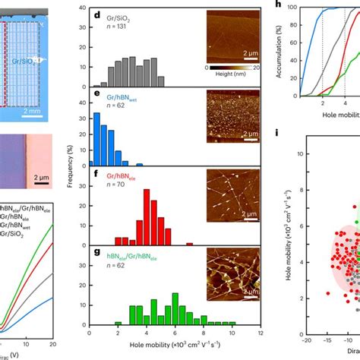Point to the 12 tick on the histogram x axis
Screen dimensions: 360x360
tap(261, 333)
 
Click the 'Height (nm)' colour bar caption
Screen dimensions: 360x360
tap(234, 76)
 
